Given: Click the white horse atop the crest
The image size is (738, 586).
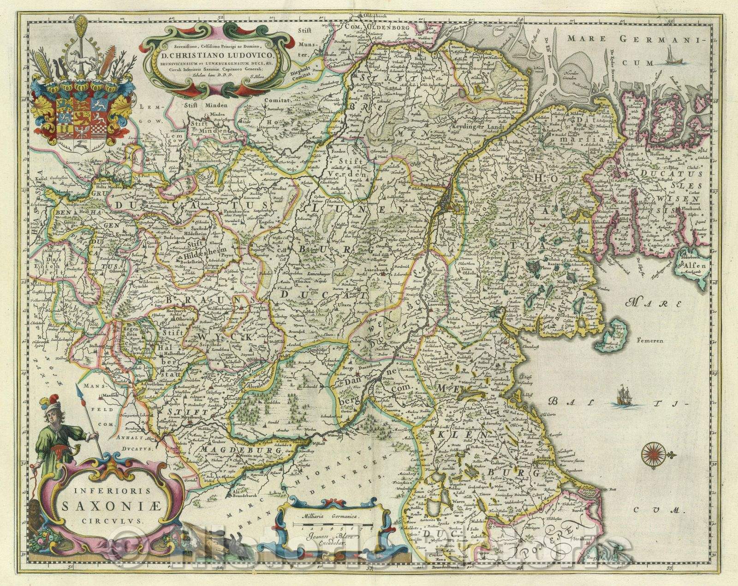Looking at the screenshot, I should coord(82,57).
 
